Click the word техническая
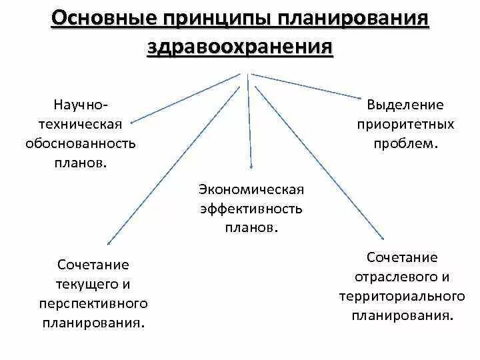[85, 124]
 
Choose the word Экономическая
[251, 189]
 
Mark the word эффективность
[251, 209]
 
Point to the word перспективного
[93, 303]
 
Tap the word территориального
[401, 296]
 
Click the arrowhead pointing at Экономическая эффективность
[251, 167]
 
